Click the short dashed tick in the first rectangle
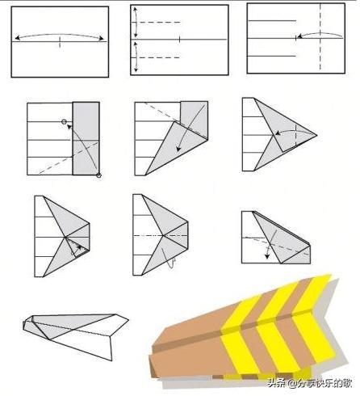coord(60,41)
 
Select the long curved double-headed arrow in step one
coord(59,35)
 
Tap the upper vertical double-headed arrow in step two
coord(136,23)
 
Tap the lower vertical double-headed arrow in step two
coord(136,57)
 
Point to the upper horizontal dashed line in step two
coord(160,22)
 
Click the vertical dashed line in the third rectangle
coord(320,37)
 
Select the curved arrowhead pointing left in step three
coord(299,36)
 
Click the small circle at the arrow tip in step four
coord(64,122)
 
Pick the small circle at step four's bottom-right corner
coord(98,175)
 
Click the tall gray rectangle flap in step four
coord(86,138)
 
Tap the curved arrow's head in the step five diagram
coord(178,149)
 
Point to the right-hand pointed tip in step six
coord(316,135)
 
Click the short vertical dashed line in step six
coord(295,136)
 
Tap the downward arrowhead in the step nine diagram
coord(267,255)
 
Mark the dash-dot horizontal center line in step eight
coord(161,236)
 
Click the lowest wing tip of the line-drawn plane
coord(111,360)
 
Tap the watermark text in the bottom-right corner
coord(309,383)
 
